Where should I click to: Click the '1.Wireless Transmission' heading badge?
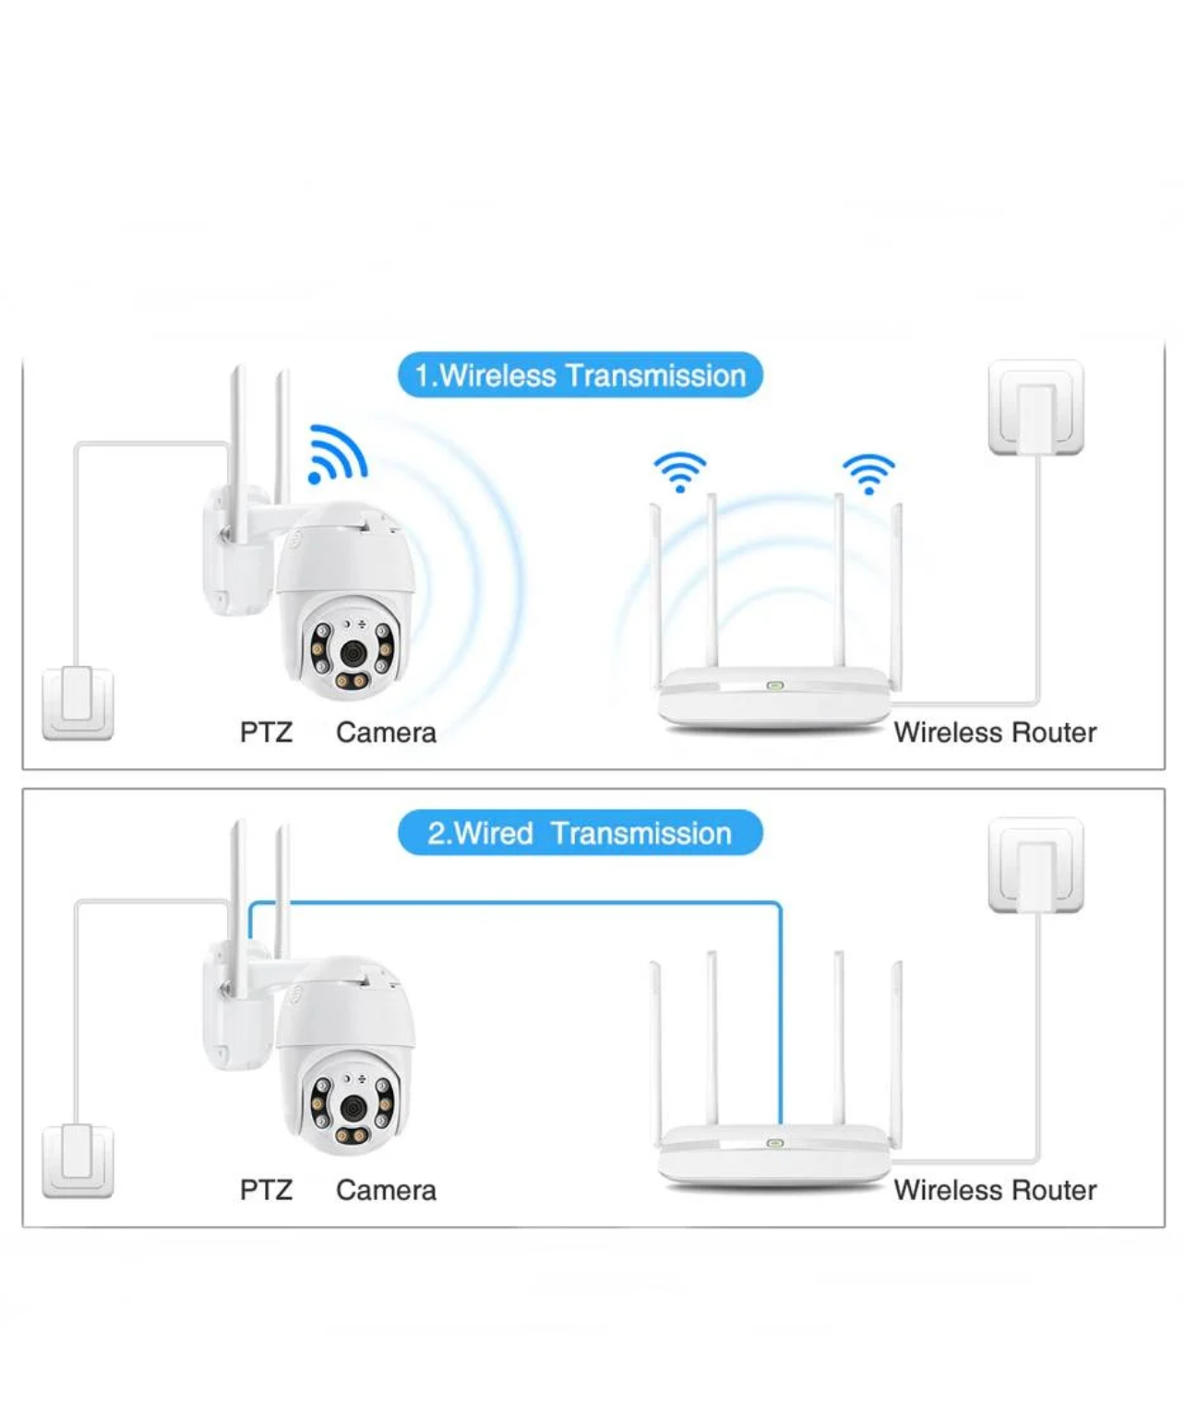pos(580,375)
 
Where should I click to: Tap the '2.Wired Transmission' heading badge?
pos(580,833)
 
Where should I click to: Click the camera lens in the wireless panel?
pos(352,653)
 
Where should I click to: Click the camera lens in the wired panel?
pos(352,1106)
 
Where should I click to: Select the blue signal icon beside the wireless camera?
pos(337,453)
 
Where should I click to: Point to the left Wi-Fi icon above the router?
pos(680,471)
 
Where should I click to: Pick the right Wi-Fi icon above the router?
pos(868,473)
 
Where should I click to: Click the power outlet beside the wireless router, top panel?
pos(1035,407)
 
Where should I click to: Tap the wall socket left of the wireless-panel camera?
pos(78,703)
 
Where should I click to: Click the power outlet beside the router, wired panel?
pos(1035,864)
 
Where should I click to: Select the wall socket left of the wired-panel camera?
pos(78,1160)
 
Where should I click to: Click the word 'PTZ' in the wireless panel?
pos(266,732)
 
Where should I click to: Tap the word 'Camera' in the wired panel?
pos(386,1190)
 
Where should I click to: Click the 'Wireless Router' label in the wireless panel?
pos(995,732)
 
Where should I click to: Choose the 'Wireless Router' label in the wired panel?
pos(995,1190)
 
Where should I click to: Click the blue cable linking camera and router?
pos(517,904)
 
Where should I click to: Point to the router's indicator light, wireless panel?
pos(774,685)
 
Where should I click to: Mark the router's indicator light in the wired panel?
pos(774,1143)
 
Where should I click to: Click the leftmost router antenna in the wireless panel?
pos(655,590)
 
